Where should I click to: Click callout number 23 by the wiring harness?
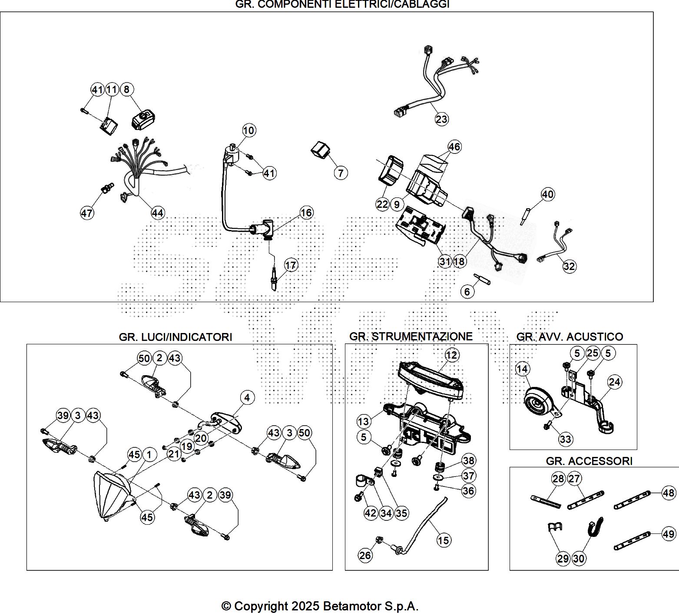click(x=441, y=119)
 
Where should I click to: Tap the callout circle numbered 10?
click(x=249, y=130)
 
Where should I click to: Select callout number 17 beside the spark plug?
click(x=291, y=265)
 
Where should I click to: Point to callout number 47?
click(x=86, y=213)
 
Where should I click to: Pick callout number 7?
click(x=341, y=173)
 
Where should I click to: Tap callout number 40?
click(x=548, y=194)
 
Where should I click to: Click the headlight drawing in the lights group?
click(x=113, y=496)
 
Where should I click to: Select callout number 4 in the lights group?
click(x=247, y=397)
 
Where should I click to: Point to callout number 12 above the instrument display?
click(x=452, y=355)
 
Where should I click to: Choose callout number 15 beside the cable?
click(x=444, y=540)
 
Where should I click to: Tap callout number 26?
click(x=365, y=555)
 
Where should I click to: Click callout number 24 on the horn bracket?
click(x=615, y=382)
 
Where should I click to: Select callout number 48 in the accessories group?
click(x=669, y=493)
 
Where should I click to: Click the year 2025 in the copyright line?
click(x=306, y=606)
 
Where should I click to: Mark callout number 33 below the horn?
click(x=565, y=439)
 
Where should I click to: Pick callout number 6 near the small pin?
click(x=467, y=291)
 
